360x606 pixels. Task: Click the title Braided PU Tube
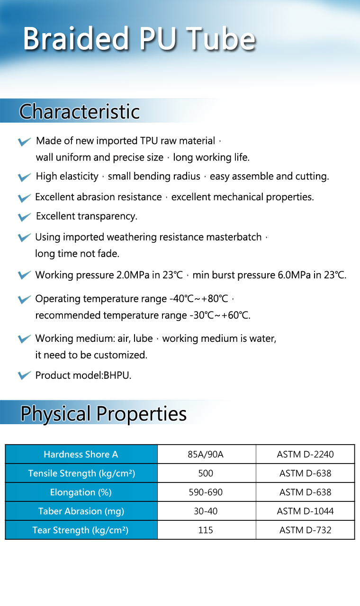coord(139,39)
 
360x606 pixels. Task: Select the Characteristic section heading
coord(79,112)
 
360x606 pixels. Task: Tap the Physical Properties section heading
coord(103,413)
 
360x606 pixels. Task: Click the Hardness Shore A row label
coord(81,454)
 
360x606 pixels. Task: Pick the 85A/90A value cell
coord(206,454)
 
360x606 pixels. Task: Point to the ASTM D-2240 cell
coord(305,454)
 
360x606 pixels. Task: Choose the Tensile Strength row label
coord(81,473)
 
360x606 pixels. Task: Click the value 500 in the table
coord(206,473)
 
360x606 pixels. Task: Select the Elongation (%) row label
coord(81,492)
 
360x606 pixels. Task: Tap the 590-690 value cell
coord(206,492)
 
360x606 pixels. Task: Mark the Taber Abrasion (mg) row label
coord(81,511)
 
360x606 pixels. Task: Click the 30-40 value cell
coord(206,511)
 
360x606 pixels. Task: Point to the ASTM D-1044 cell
coord(305,511)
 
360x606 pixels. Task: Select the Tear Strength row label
coord(81,530)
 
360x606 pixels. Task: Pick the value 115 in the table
coord(206,530)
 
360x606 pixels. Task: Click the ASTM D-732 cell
coord(305,530)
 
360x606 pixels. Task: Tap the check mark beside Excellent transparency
coord(24,217)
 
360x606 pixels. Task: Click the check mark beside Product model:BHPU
coord(24,375)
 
